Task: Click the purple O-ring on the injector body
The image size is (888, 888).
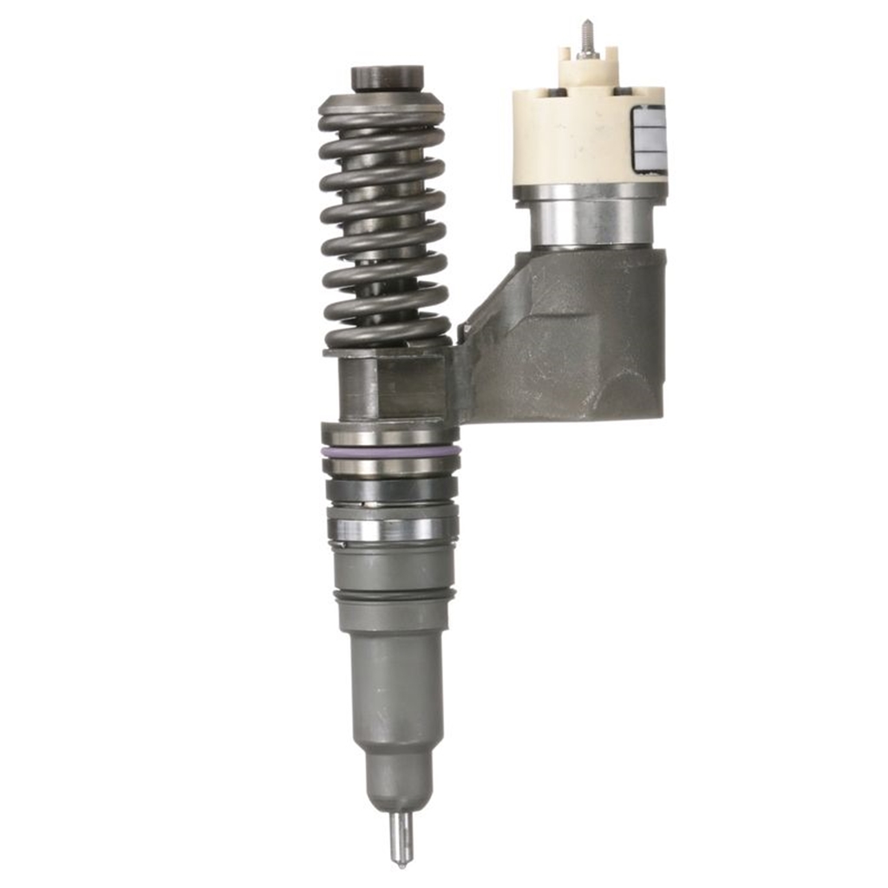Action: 390,452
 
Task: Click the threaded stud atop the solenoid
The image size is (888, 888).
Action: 587,38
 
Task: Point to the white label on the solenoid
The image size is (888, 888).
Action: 650,139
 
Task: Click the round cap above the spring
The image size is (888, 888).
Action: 388,78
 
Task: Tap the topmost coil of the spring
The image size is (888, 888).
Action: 382,113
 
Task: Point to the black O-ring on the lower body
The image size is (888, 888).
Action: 392,596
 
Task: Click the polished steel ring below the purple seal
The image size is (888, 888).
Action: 390,466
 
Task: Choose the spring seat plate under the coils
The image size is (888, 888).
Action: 388,350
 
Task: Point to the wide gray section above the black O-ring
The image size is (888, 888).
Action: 392,568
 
